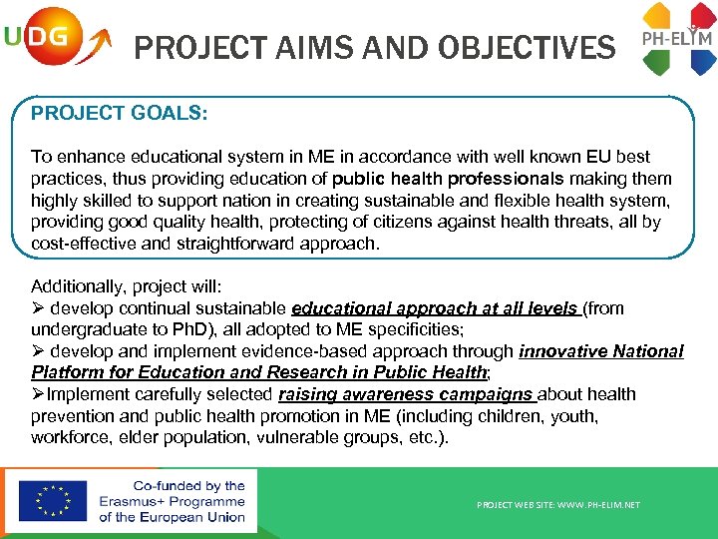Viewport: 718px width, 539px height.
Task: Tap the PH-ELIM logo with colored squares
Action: point(677,40)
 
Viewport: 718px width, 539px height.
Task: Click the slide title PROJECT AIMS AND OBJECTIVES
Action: point(374,47)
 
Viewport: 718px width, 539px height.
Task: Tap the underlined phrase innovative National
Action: point(600,351)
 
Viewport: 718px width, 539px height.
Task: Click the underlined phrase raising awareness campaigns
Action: point(406,394)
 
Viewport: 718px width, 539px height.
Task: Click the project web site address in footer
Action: point(558,505)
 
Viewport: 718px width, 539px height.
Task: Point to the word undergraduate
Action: point(85,329)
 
